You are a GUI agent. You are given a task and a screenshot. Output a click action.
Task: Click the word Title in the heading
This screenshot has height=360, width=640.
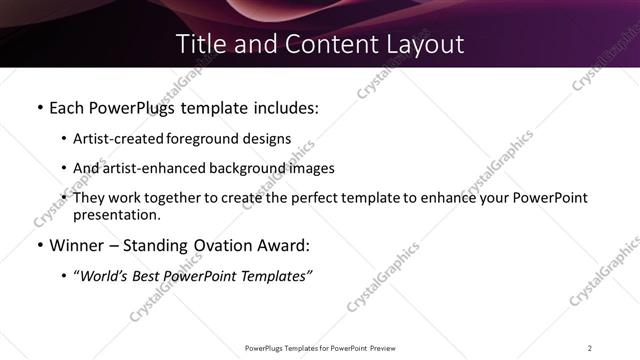coord(199,44)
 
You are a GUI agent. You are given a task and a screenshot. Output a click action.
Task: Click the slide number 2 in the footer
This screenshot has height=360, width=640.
coord(590,347)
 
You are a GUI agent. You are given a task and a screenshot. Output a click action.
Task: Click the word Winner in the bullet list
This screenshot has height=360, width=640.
coord(79,246)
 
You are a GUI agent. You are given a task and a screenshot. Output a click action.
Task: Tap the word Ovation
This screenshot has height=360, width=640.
coord(231,246)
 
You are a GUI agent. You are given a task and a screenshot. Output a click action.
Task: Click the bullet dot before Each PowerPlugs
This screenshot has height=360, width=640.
coord(39,106)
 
